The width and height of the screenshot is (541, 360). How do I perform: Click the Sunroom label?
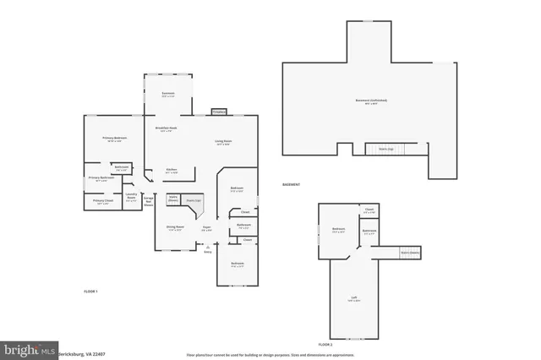point(167,94)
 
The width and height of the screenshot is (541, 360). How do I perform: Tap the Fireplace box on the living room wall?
point(218,112)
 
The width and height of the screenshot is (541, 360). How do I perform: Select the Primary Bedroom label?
point(114,139)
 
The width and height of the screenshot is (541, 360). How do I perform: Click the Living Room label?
point(223,142)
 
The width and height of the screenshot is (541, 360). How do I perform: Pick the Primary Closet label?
point(104,201)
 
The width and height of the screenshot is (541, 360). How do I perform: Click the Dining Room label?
point(175,226)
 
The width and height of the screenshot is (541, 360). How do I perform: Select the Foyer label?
point(206,227)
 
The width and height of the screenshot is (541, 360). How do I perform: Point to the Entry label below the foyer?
point(208,249)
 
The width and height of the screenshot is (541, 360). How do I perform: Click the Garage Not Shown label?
point(149,201)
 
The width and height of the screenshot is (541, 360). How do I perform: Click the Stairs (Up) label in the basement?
point(382,148)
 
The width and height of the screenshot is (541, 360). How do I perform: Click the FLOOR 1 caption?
point(90,292)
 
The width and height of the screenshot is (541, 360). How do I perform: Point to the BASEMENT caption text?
point(292,183)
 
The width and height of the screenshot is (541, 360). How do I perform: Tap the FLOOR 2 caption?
point(325,345)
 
